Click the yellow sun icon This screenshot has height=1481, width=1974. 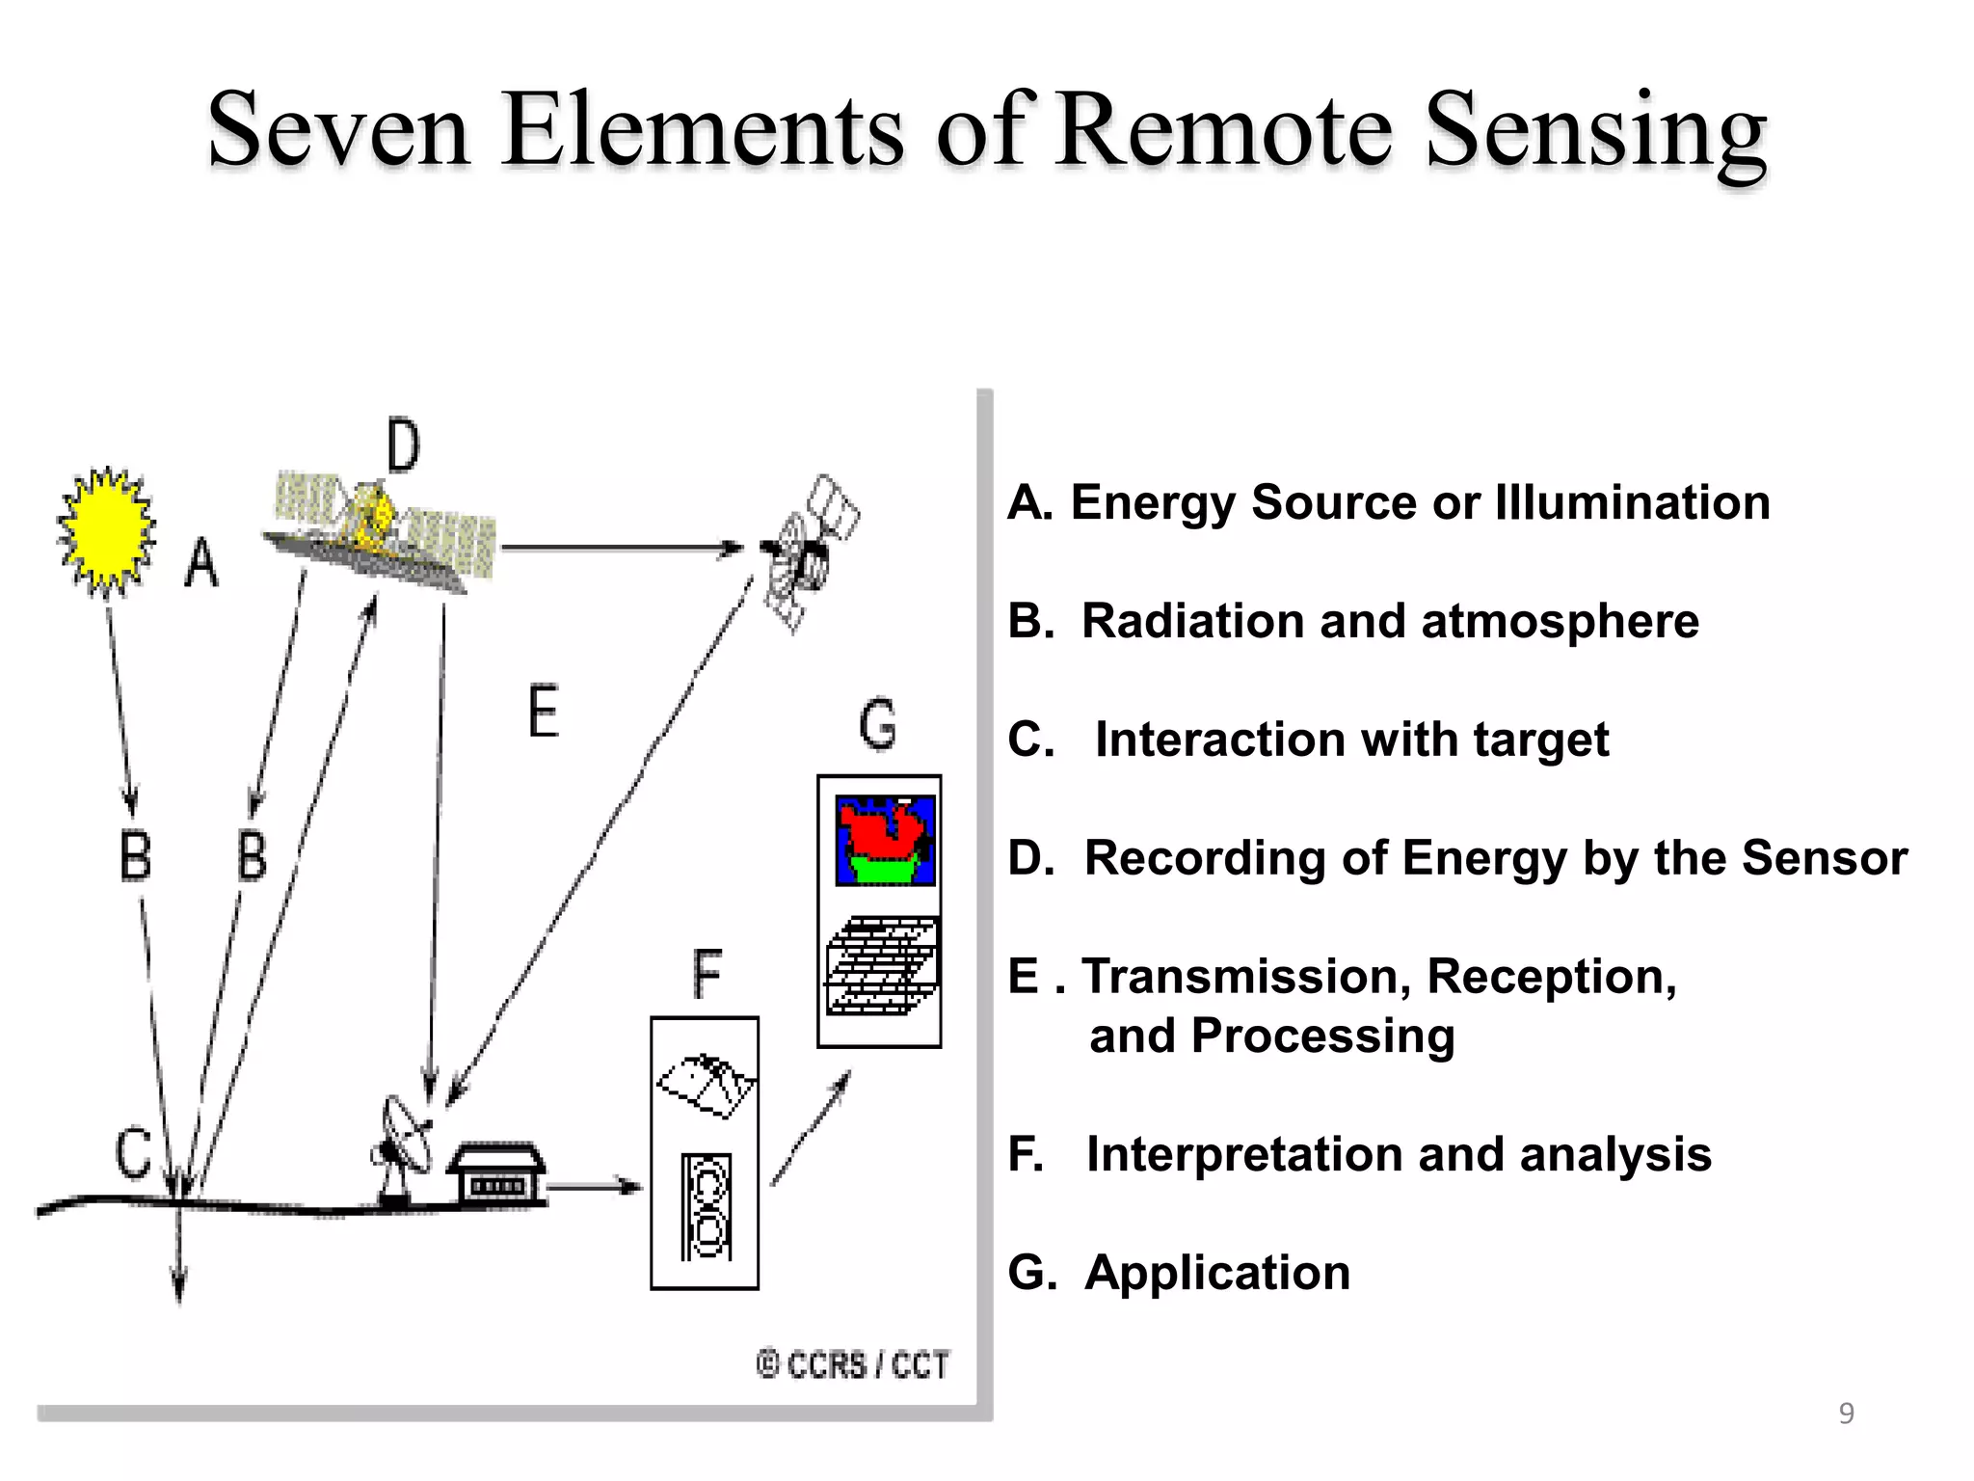coord(106,530)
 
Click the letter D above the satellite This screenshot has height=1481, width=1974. coord(403,446)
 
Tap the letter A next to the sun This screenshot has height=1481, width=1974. coord(201,563)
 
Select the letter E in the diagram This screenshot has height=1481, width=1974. coord(544,712)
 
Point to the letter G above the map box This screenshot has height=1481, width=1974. coord(878,726)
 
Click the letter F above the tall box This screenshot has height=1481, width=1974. coord(707,975)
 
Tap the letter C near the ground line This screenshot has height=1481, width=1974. coord(134,1153)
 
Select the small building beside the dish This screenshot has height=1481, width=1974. coord(496,1174)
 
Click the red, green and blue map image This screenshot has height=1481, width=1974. coord(885,840)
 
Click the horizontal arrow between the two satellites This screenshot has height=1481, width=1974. coord(622,549)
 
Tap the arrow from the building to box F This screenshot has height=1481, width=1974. coord(594,1186)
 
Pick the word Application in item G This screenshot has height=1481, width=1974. coord(1217,1273)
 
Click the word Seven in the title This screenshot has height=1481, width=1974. coord(338,130)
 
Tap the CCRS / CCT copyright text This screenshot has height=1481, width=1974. coord(854,1365)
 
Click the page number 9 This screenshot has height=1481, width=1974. coord(1846,1414)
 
